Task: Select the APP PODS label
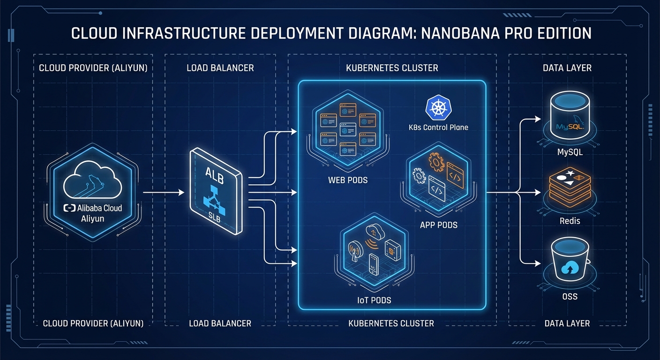coord(439,225)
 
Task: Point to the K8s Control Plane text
coord(439,127)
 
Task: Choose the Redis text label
coord(570,221)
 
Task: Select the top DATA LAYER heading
coord(567,68)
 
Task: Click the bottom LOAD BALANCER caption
coord(220,323)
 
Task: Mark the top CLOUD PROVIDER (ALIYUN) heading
coord(93,68)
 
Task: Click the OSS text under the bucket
coord(570,296)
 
